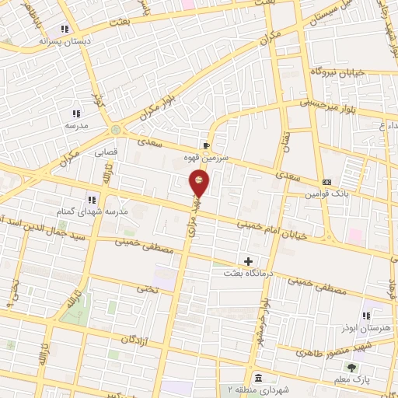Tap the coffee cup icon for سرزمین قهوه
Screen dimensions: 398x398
click(x=206, y=145)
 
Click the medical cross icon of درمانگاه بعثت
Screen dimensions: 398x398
click(x=248, y=262)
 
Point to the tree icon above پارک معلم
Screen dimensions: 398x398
click(x=354, y=366)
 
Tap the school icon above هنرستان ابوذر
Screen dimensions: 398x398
click(x=366, y=316)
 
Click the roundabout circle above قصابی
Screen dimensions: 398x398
click(x=117, y=130)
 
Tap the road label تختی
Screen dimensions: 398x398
click(x=148, y=288)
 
